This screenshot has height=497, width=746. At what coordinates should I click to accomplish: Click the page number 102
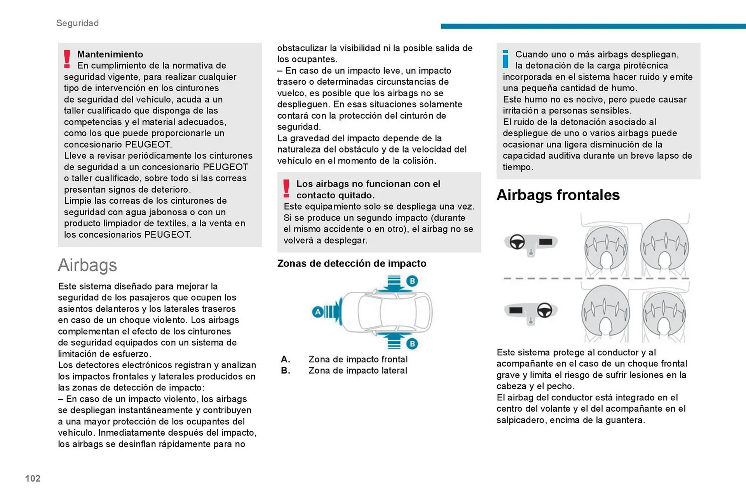pyautogui.click(x=33, y=478)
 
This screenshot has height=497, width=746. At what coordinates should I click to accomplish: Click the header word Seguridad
pyautogui.click(x=77, y=23)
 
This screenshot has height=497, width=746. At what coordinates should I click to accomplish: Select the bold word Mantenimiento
pyautogui.click(x=110, y=54)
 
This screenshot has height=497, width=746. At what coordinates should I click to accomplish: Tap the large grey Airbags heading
pyautogui.click(x=87, y=265)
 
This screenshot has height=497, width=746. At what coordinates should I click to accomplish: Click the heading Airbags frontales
pyautogui.click(x=558, y=195)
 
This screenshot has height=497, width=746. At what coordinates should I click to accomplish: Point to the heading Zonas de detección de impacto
pyautogui.click(x=352, y=263)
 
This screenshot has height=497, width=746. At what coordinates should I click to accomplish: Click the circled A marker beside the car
pyautogui.click(x=318, y=312)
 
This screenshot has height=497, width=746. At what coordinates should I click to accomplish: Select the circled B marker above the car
pyautogui.click(x=412, y=281)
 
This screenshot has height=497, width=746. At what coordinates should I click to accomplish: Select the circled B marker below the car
pyautogui.click(x=412, y=344)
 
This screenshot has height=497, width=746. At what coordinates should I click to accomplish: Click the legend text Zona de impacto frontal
pyautogui.click(x=358, y=359)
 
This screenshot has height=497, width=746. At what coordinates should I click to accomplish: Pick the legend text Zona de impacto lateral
pyautogui.click(x=357, y=371)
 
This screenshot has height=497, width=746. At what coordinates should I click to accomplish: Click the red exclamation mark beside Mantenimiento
pyautogui.click(x=67, y=59)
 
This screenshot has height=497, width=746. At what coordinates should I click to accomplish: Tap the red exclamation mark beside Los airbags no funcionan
pyautogui.click(x=286, y=189)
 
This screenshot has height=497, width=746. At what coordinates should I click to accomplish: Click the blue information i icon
pyautogui.click(x=505, y=59)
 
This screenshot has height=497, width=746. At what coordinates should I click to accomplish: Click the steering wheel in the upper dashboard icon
pyautogui.click(x=517, y=242)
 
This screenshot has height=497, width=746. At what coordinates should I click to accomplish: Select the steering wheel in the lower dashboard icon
pyautogui.click(x=544, y=310)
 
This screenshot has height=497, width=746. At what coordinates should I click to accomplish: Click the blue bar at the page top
pyautogui.click(x=593, y=26)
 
